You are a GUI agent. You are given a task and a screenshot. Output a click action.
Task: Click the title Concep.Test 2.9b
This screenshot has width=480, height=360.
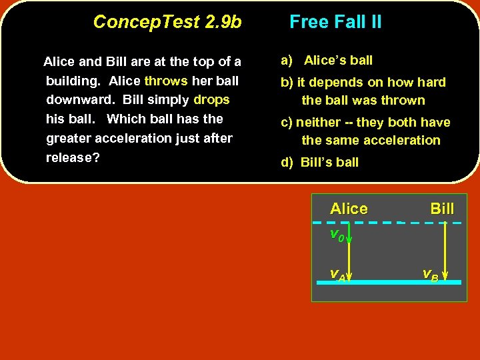[x=167, y=22]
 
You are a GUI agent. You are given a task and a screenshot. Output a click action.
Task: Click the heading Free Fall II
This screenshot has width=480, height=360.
[x=335, y=22]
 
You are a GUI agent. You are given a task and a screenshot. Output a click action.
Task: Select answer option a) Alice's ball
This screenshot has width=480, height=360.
[x=327, y=61]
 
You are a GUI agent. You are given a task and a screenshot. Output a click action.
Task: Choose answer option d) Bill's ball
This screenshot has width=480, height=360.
[x=320, y=162]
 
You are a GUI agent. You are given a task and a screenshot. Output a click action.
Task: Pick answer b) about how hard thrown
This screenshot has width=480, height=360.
[x=363, y=91]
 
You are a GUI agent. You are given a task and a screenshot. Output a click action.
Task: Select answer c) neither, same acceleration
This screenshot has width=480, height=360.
[x=365, y=131]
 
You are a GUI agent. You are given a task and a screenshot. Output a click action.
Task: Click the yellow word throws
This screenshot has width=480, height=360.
[x=166, y=81]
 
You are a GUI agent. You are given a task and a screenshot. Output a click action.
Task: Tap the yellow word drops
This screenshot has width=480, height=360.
[x=211, y=100]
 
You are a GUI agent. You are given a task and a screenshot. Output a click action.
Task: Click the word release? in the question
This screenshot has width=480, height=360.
[x=73, y=158]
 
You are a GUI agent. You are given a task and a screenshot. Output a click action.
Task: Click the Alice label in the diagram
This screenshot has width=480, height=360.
[x=349, y=209]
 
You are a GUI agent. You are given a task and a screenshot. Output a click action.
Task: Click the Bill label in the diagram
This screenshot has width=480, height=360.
[x=442, y=209]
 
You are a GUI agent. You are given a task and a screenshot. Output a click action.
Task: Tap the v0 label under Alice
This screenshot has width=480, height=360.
[x=337, y=235]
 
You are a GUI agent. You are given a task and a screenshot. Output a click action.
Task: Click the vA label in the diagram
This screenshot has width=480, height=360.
[x=337, y=274]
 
